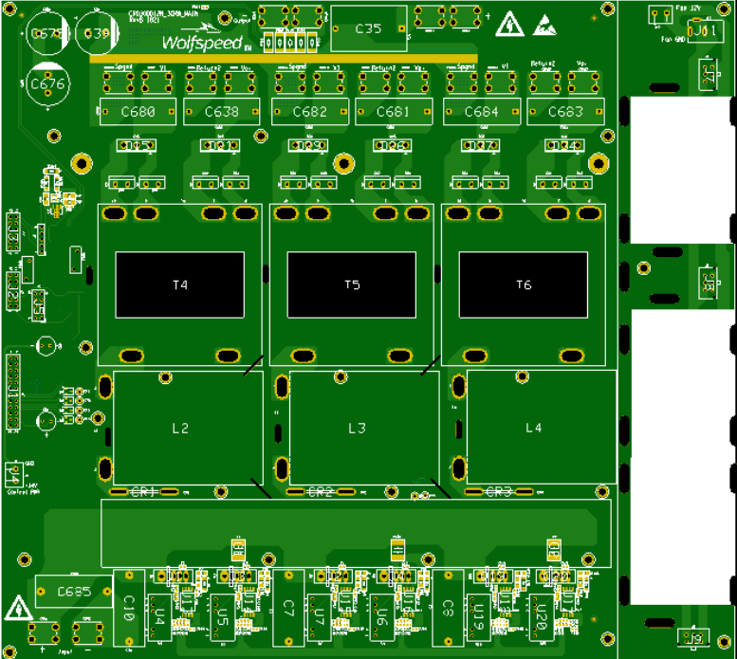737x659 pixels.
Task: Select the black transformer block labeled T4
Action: [x=179, y=284]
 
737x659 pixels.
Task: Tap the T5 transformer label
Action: [x=352, y=284]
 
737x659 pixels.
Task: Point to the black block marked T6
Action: [x=524, y=284]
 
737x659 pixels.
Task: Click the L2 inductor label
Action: [x=180, y=429]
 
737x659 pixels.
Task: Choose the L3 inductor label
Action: [x=357, y=429]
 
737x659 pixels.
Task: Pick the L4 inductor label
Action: [x=534, y=428]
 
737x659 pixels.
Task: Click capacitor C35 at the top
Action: [x=369, y=29]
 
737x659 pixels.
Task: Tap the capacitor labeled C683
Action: [x=565, y=112]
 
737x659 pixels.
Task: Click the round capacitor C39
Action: [x=98, y=33]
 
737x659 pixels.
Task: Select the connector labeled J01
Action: [x=702, y=31]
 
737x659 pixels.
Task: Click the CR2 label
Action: [x=322, y=492]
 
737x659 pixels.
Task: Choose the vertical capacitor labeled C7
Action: [x=289, y=607]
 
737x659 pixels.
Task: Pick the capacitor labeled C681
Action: [x=393, y=112]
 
